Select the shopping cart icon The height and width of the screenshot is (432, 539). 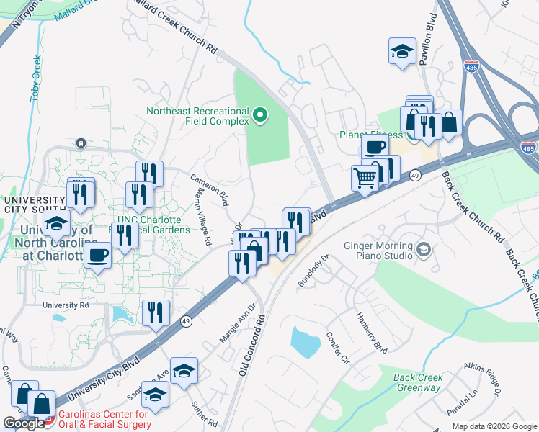pyautogui.click(x=365, y=176)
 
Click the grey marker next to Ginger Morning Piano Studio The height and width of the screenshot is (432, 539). pyautogui.click(x=424, y=250)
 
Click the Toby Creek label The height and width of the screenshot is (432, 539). pyautogui.click(x=36, y=79)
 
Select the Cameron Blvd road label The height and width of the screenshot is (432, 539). pyautogui.click(x=209, y=189)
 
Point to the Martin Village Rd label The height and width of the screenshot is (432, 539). pyautogui.click(x=202, y=217)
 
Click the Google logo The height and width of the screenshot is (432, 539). pyautogui.click(x=24, y=423)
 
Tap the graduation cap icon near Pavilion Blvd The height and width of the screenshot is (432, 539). pyautogui.click(x=402, y=51)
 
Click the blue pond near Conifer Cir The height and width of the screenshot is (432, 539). pyautogui.click(x=304, y=343)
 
